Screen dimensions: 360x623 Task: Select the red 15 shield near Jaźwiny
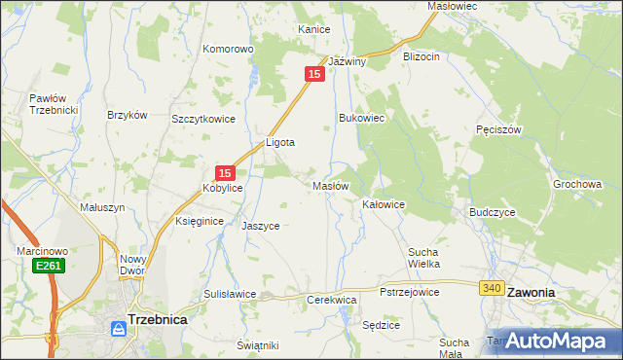click(313, 74)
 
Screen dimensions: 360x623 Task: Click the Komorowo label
click(228, 48)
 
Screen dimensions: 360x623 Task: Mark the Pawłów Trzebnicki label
click(53, 104)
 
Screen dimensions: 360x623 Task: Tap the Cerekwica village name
click(331, 301)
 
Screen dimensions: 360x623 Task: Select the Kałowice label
click(384, 205)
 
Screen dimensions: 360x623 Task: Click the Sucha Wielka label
click(424, 258)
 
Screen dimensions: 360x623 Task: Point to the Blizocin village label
click(421, 56)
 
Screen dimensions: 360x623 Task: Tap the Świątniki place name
click(258, 345)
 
